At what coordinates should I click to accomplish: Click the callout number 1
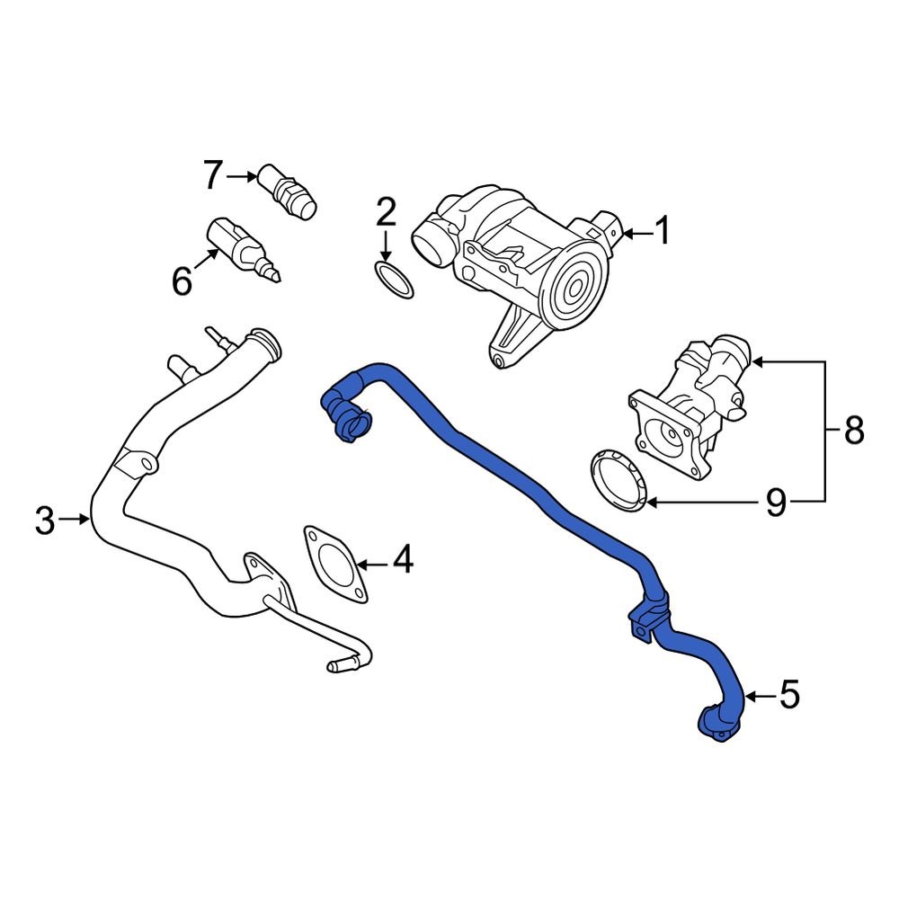(663, 233)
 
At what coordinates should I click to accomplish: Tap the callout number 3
(45, 520)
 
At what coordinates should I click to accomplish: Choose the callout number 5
(788, 695)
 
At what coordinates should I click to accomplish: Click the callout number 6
(182, 282)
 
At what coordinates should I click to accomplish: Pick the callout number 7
(212, 175)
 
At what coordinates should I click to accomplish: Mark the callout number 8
(854, 432)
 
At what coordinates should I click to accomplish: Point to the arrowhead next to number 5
(750, 695)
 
